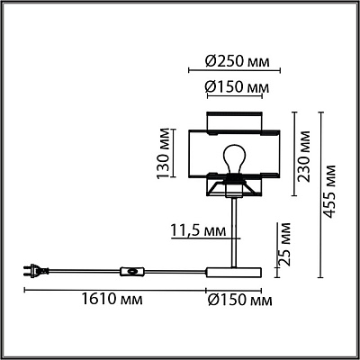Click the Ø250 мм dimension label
237,61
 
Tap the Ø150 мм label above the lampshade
237,87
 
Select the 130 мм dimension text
164,153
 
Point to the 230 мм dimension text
303,157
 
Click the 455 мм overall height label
330,191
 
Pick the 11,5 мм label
198,230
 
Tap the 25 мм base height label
284,244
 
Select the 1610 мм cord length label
112,300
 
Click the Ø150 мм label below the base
240,301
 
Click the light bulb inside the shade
234,159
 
